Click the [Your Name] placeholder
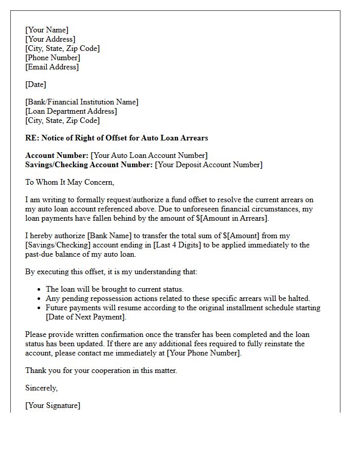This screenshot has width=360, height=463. coord(47,30)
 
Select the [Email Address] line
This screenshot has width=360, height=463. coord(52,67)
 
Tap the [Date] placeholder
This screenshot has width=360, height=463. coord(36,84)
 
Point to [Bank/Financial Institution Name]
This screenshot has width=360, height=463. coord(82,102)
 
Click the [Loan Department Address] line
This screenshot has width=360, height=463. coord(71,111)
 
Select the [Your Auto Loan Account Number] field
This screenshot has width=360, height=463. coord(149,155)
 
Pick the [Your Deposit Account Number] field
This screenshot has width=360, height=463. coord(208,165)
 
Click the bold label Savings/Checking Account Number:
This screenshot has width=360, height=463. coord(89,165)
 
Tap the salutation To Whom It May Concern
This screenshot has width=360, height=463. coord(69,182)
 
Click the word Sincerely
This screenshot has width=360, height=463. coord(41,388)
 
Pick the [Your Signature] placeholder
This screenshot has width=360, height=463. coord(52,405)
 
